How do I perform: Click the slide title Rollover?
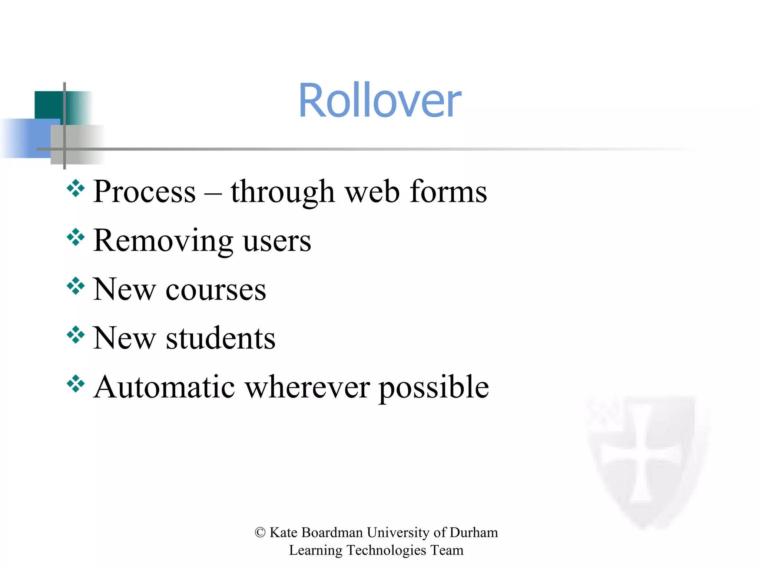[379, 101]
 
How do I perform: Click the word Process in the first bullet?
[144, 192]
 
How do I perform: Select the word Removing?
[163, 241]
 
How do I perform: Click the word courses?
[216, 290]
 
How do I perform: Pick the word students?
[221, 338]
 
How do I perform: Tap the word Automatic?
[165, 387]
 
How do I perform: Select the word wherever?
[307, 387]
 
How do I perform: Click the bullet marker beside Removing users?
[76, 237]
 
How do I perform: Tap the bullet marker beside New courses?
[76, 286]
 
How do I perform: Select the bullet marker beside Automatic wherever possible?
[76, 384]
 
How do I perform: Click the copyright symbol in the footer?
[260, 533]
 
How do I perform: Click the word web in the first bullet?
[372, 192]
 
